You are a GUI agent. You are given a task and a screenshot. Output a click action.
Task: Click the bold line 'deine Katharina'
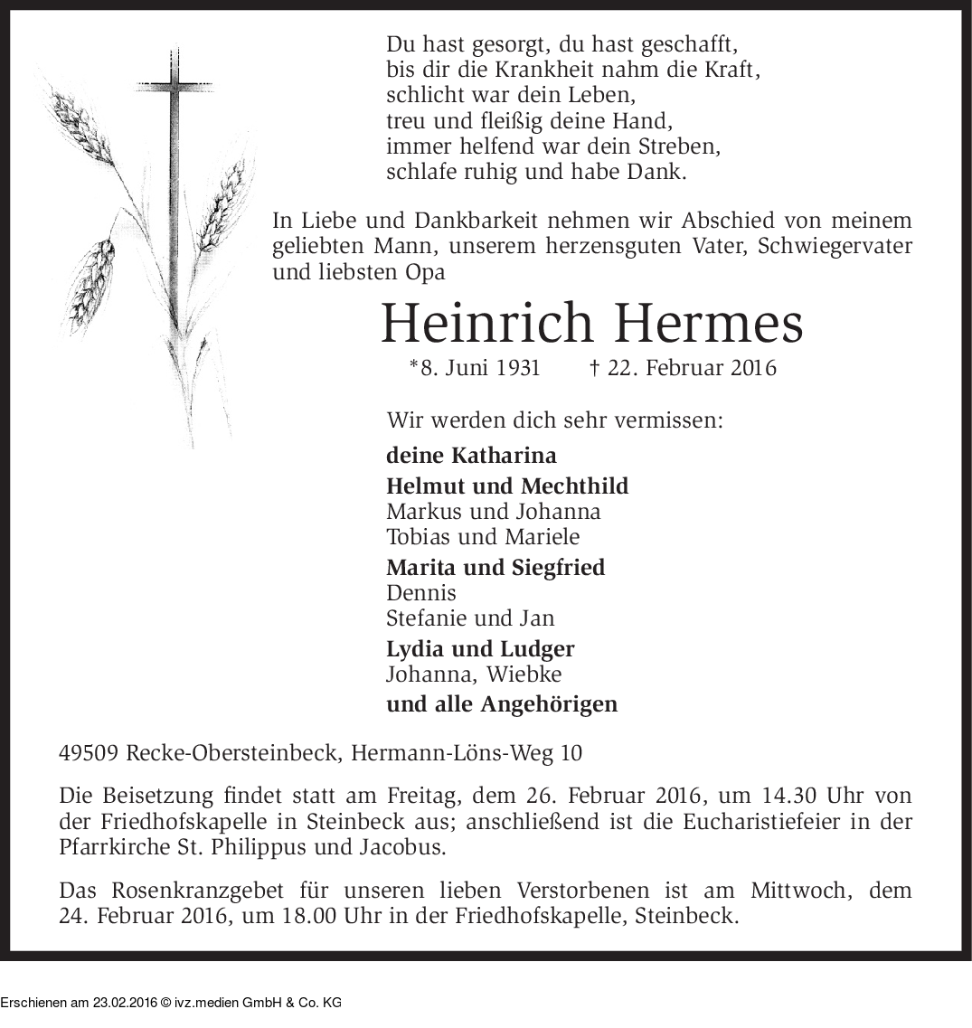pos(471,455)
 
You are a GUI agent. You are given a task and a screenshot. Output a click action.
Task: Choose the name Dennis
pos(420,593)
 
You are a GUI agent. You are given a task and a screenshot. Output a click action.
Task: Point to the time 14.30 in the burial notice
pos(787,797)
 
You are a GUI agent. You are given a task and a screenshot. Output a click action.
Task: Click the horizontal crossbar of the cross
pos(175,87)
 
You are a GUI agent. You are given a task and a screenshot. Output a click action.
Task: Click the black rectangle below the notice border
pos(170,995)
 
